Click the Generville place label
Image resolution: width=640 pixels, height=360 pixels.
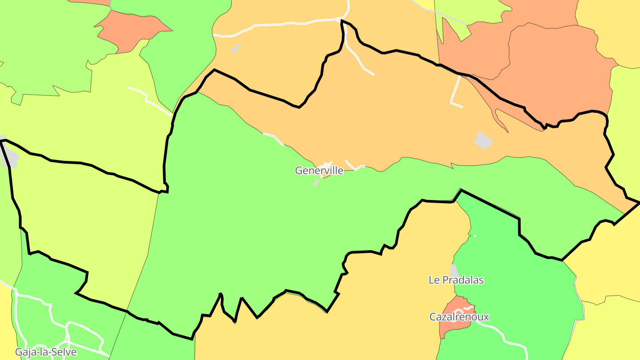[x=319, y=171]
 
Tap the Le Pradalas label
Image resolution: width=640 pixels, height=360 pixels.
[x=456, y=280]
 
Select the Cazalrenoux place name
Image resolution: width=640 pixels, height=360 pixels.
[x=459, y=317]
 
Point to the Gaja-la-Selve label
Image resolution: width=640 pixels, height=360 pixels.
[x=46, y=352]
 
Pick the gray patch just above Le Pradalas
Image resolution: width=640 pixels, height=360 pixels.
[x=454, y=270]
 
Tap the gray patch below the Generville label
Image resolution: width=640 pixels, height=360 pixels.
[x=316, y=182]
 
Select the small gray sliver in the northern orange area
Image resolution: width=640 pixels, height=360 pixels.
[x=236, y=48]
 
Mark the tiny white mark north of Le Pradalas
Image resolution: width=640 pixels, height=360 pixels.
[x=475, y=236]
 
